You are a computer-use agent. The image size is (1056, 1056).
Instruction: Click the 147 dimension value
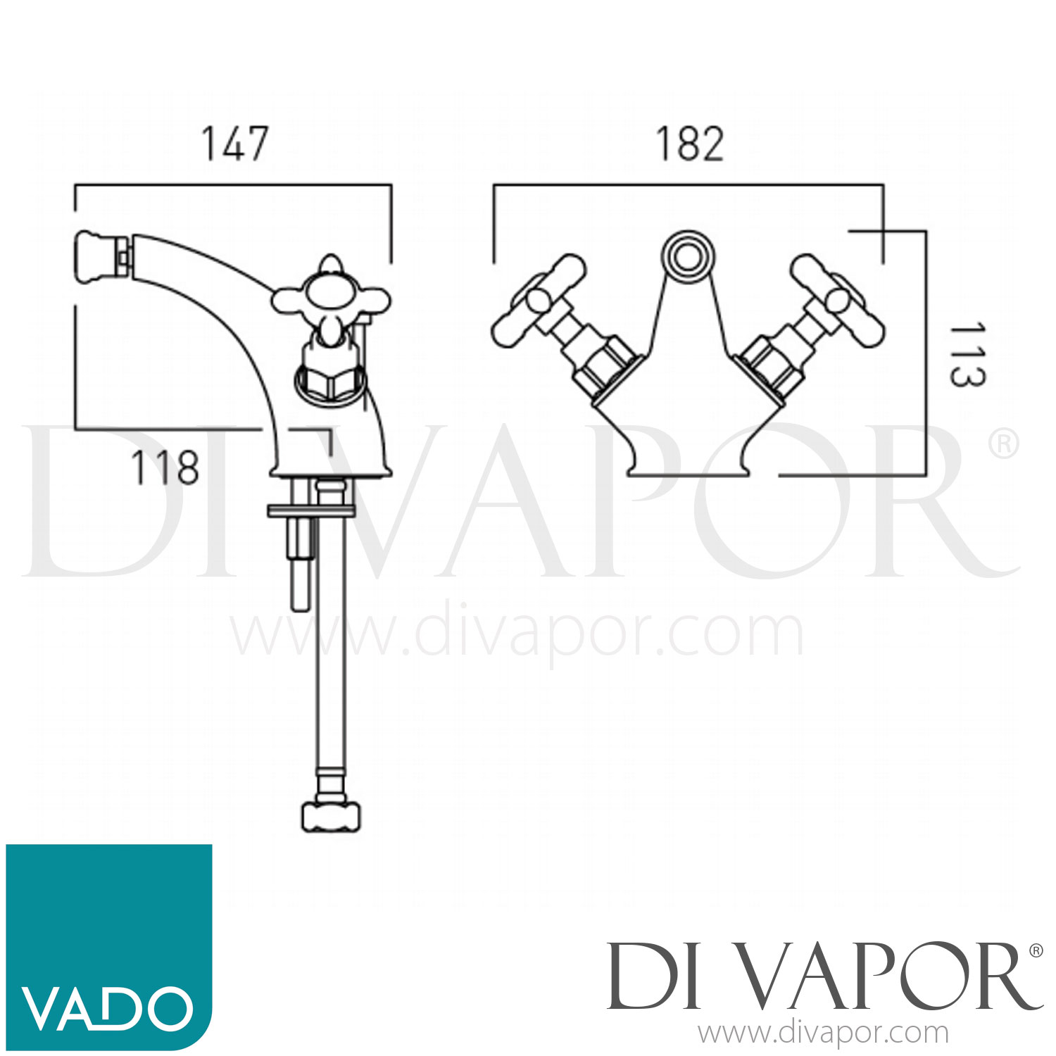235,144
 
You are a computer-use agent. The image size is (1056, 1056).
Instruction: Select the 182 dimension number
689,144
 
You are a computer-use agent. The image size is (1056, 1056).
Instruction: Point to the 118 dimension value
165,467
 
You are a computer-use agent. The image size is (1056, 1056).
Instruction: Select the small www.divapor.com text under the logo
823,1033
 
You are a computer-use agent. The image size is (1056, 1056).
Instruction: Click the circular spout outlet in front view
685,253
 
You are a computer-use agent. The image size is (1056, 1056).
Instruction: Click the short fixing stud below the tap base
300,563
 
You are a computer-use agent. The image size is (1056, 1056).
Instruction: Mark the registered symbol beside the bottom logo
1036,950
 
